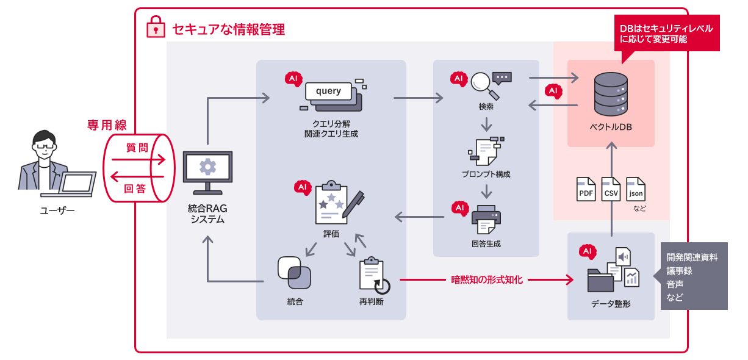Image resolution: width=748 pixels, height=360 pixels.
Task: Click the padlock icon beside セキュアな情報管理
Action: tap(156, 27)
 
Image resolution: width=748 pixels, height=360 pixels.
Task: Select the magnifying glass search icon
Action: tap(481, 84)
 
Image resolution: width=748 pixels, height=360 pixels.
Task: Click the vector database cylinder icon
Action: tap(611, 94)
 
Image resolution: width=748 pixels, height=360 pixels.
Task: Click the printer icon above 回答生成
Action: tap(486, 220)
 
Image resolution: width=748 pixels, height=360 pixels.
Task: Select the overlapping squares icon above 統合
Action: tap(295, 273)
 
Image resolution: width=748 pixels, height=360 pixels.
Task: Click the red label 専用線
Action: tap(107, 125)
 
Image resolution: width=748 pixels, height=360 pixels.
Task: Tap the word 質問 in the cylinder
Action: tap(136, 147)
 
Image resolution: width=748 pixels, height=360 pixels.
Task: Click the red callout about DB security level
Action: tap(666, 34)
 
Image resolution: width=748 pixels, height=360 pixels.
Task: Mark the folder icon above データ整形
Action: tap(601, 281)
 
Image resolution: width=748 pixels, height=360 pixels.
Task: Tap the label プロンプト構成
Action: tap(486, 174)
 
